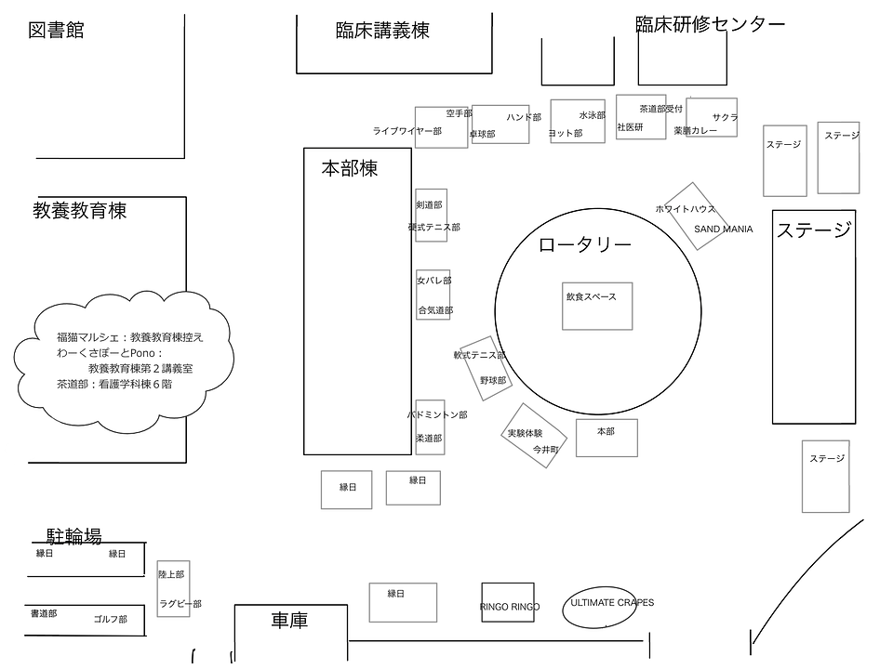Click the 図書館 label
57,31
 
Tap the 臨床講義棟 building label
382,31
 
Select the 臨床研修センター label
710,24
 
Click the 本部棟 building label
350,168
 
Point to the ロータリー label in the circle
585,245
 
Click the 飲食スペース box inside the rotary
596,305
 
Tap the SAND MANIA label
723,229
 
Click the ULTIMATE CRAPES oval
610,605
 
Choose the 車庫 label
289,620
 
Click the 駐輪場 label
74,536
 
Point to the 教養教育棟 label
80,211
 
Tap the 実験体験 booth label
524,434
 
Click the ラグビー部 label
180,604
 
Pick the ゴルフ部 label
110,619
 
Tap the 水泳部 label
592,116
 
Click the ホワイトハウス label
686,209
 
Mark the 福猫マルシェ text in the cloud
90,337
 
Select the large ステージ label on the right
814,230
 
